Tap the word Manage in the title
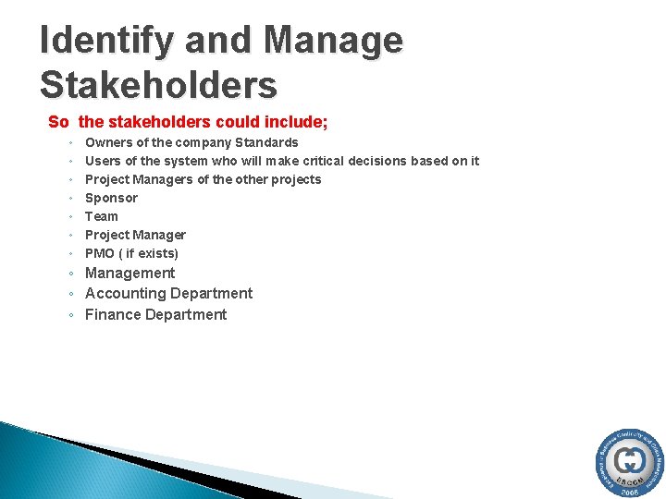(x=333, y=41)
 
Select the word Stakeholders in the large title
(x=158, y=85)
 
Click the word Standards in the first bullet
(x=266, y=142)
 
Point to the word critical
(x=319, y=161)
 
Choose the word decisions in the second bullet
(x=382, y=161)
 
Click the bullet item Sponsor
(x=111, y=198)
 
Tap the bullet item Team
(x=102, y=216)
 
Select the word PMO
(x=100, y=253)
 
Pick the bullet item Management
(x=129, y=273)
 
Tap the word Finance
(x=110, y=315)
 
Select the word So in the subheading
(x=58, y=122)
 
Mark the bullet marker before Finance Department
(x=71, y=316)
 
